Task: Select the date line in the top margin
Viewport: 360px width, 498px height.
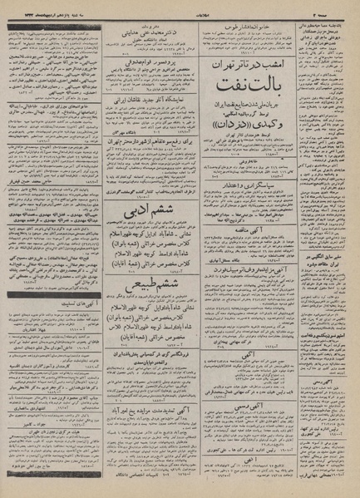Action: pyautogui.click(x=50, y=7)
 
